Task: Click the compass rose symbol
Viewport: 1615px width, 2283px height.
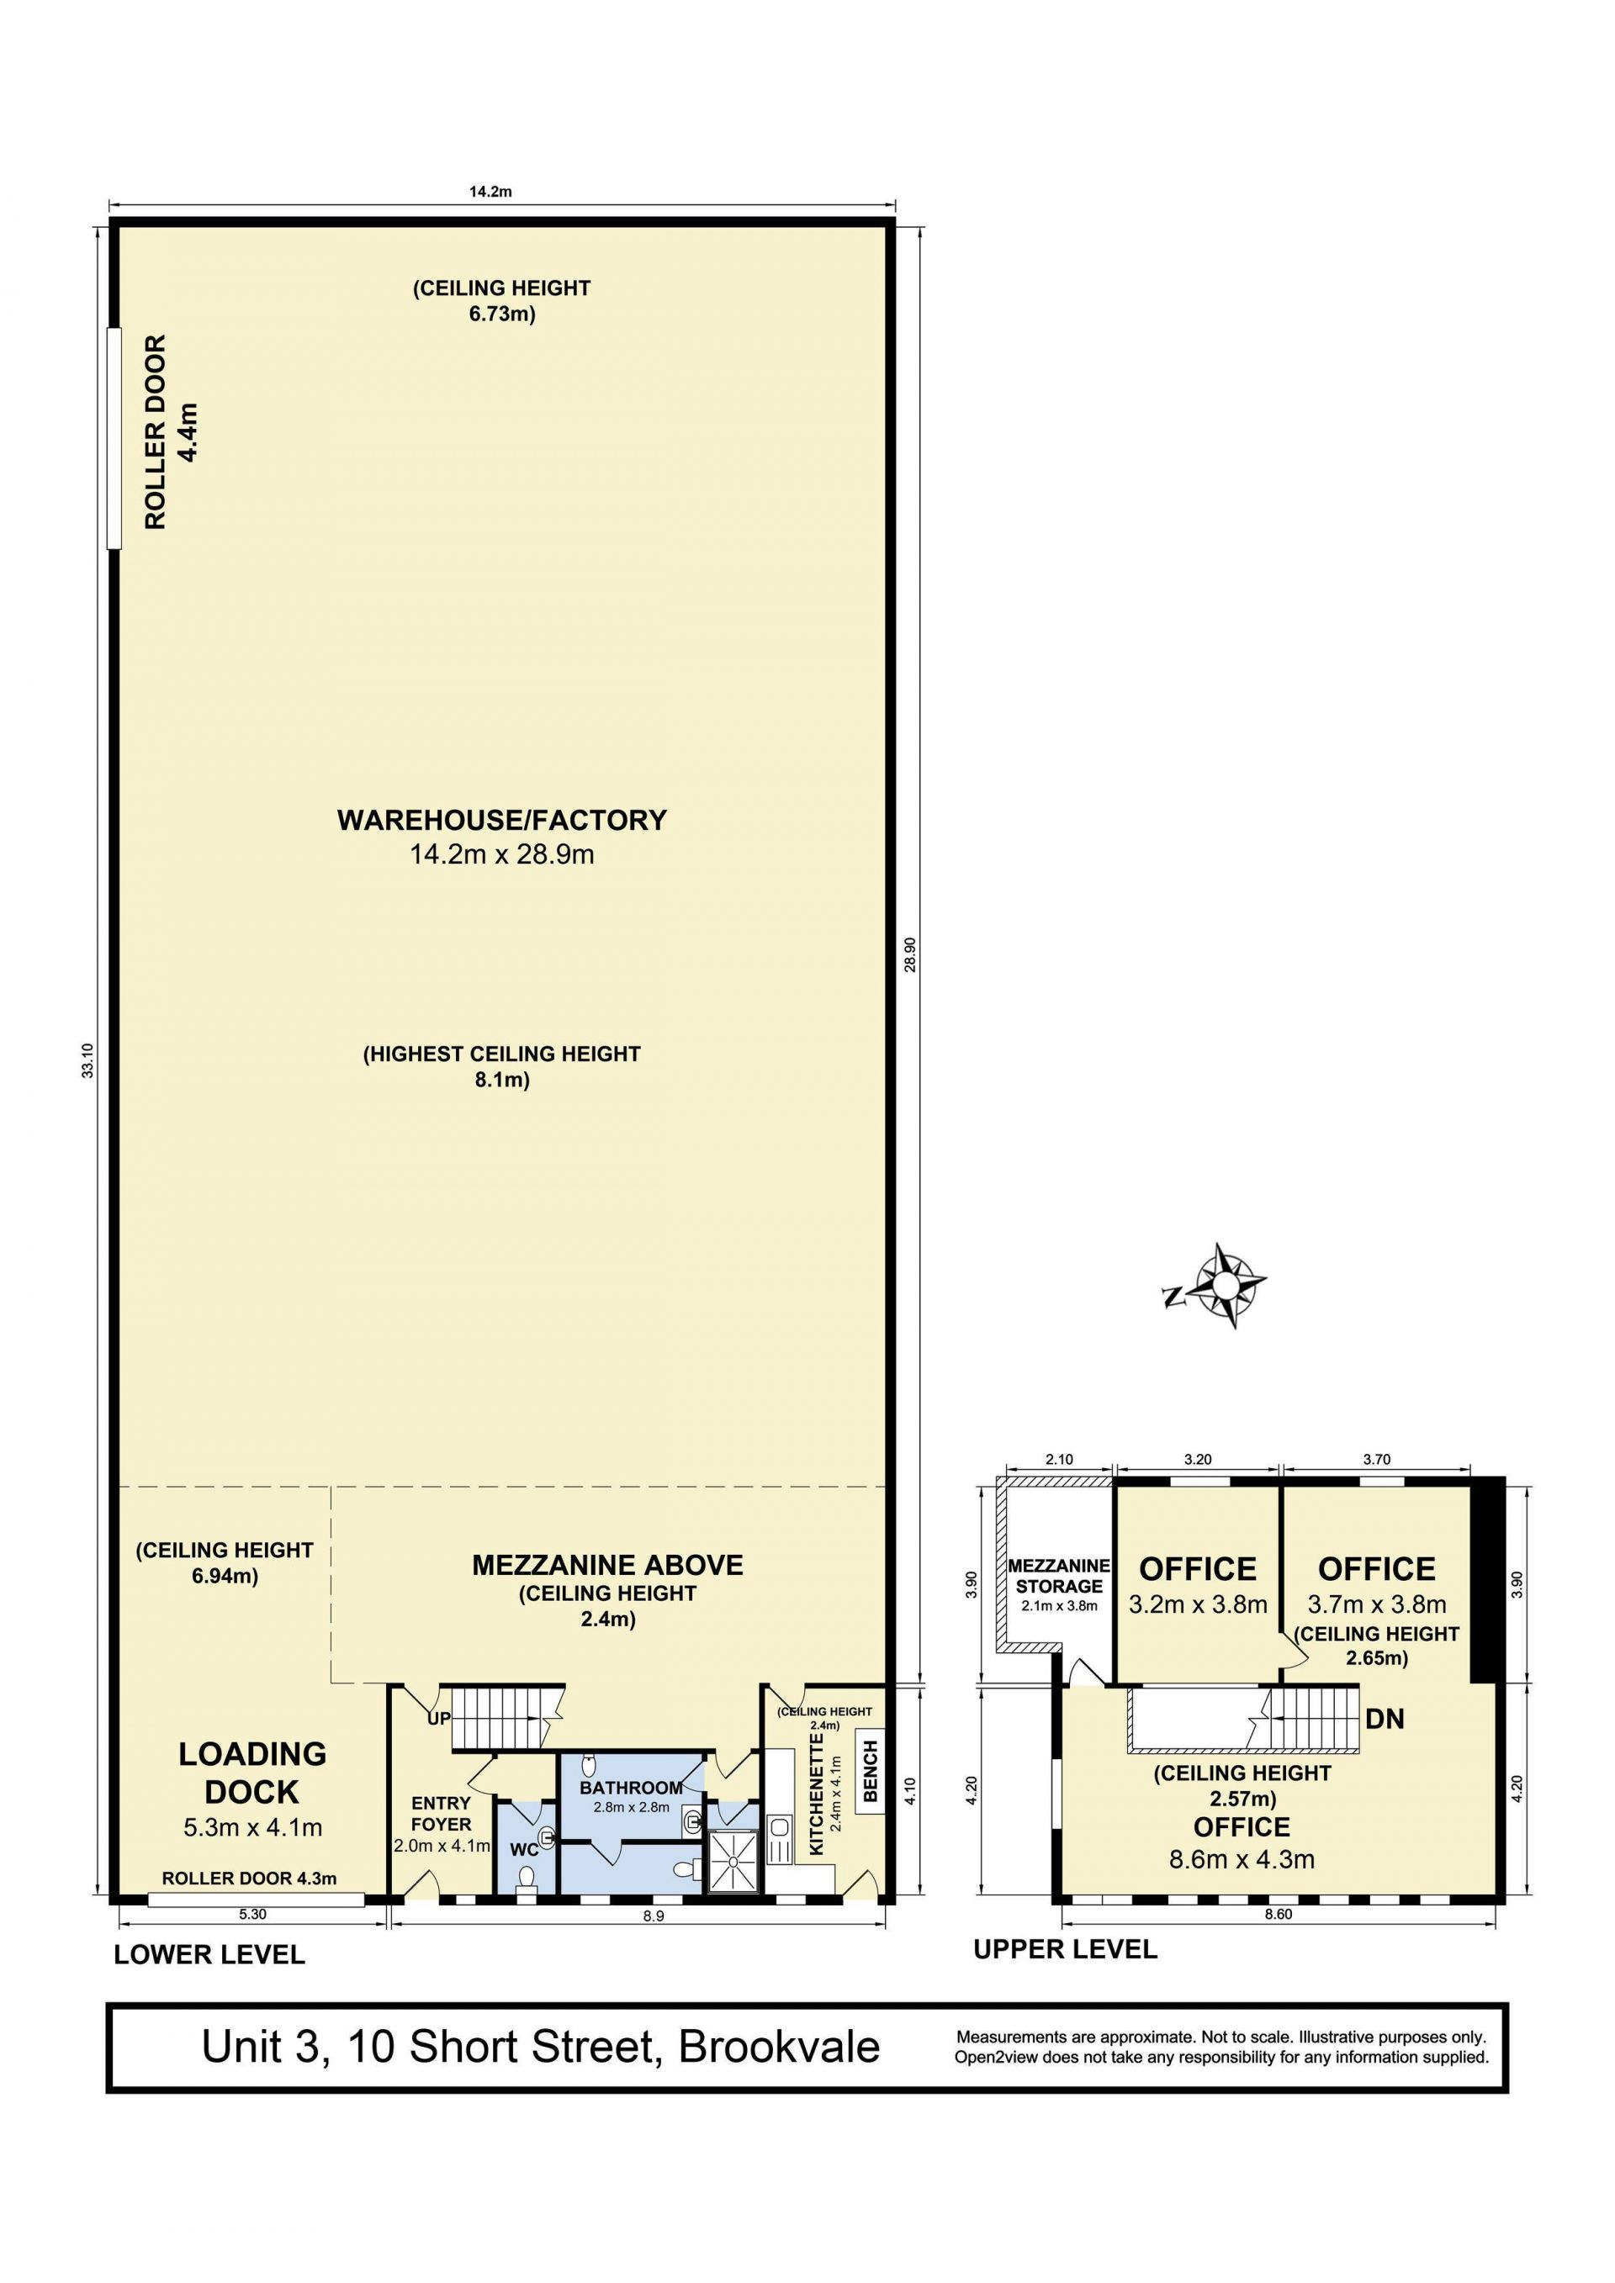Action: [1226, 1286]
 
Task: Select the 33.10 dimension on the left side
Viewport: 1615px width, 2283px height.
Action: [88, 1060]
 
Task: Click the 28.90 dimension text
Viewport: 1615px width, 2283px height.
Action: [910, 954]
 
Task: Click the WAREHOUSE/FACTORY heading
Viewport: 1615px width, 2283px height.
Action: [502, 821]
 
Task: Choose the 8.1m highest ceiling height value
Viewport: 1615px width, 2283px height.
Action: [502, 1080]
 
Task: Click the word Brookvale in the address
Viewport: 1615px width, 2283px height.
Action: [780, 2048]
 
